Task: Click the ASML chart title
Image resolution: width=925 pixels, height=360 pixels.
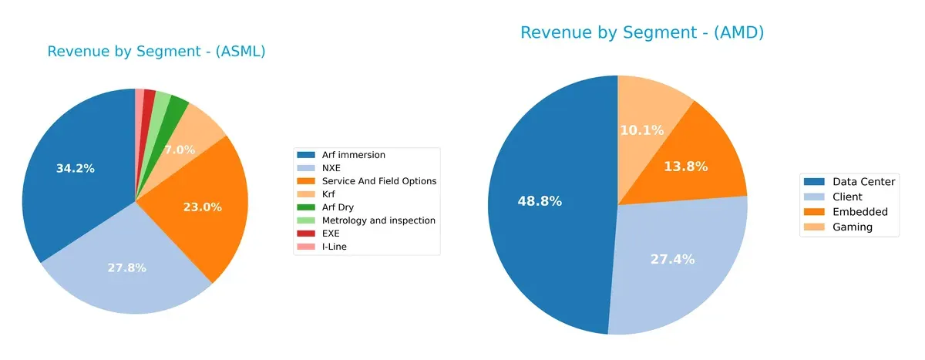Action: coord(156,52)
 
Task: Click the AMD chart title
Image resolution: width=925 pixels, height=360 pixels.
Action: coord(642,32)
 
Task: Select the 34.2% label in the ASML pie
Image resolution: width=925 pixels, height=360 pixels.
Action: coord(76,168)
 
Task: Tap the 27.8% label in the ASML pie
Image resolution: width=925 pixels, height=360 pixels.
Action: coord(126,267)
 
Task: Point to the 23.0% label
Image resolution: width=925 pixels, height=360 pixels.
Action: coord(202,207)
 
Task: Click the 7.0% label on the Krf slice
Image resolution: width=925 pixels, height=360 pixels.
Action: coord(179,150)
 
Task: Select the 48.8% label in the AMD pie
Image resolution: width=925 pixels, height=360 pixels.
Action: coord(540,201)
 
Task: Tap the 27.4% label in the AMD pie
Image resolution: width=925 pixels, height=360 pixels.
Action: coord(673,259)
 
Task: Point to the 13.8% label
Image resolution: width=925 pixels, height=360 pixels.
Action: coord(685,167)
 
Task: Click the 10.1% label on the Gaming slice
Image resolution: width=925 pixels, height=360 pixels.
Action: coord(642,130)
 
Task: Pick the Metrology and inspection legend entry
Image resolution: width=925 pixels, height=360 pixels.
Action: coord(378,220)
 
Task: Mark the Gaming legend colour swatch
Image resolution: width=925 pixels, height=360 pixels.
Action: coord(813,227)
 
